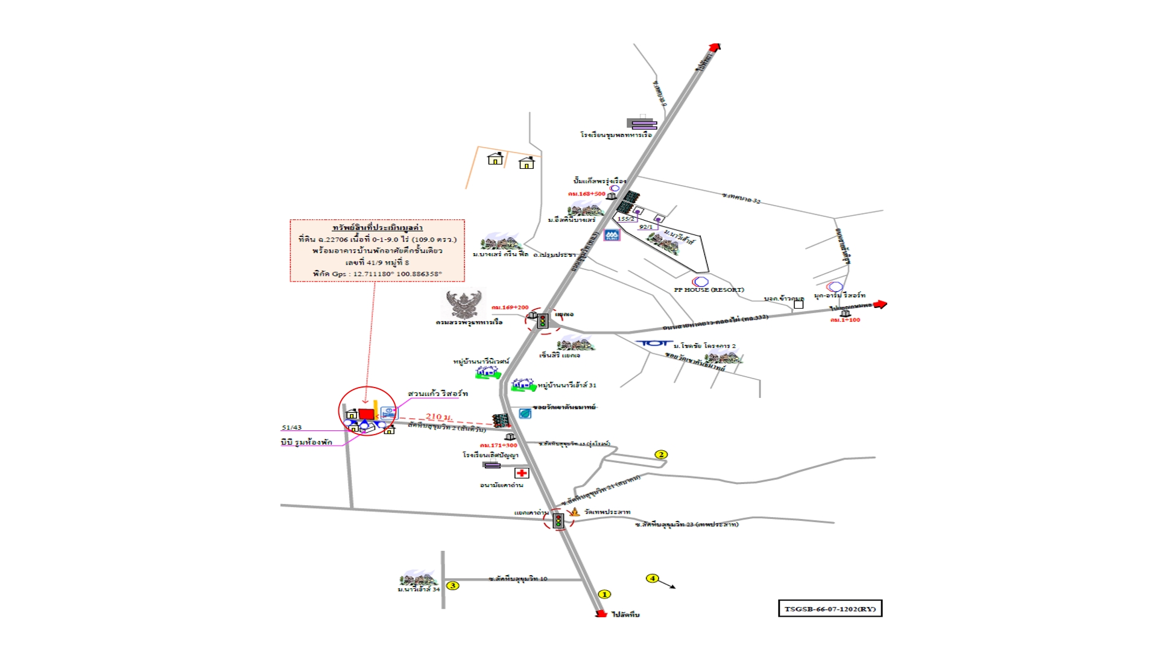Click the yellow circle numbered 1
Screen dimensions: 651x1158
click(604, 594)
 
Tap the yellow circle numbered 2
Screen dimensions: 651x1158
click(661, 454)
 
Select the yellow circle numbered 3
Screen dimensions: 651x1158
click(452, 585)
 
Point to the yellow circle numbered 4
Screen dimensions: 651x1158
click(652, 578)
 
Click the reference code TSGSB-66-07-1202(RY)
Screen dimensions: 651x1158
click(830, 609)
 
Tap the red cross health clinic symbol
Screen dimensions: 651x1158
click(522, 473)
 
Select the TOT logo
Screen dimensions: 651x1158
click(653, 344)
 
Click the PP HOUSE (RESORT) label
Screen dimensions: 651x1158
click(709, 290)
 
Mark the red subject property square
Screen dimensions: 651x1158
click(366, 414)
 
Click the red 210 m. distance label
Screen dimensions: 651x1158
click(438, 417)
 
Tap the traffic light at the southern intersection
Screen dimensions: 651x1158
click(558, 521)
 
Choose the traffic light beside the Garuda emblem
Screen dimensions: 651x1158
click(542, 321)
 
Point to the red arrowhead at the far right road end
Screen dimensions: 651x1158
click(881, 304)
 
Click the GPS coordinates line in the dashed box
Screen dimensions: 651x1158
click(377, 274)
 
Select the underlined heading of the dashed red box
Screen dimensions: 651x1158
click(377, 228)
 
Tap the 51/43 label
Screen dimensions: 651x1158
click(291, 427)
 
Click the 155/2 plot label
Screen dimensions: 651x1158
click(626, 219)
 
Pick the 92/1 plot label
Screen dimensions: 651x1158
click(646, 227)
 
